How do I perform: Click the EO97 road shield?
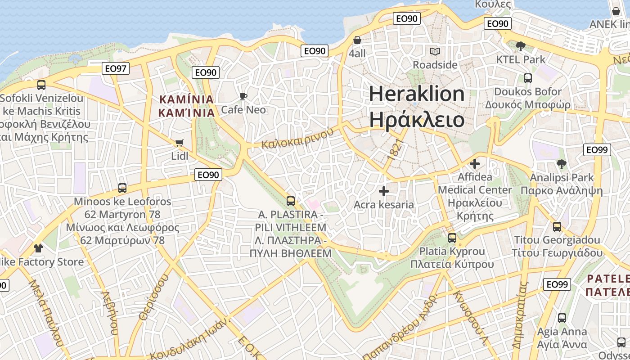116,68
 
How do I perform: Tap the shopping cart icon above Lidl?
179,143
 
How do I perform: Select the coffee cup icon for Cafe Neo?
243,96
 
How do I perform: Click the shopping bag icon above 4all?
357,40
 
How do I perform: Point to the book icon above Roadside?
435,51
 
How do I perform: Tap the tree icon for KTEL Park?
521,46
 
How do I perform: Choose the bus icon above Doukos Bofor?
528,78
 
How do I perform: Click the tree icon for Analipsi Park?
561,164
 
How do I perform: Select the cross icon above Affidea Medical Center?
475,164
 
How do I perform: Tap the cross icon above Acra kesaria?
383,192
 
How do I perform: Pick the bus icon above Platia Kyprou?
452,238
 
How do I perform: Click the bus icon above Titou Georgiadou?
557,227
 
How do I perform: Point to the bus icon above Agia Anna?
562,318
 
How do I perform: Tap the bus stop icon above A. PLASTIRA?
291,201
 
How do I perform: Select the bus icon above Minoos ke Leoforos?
122,188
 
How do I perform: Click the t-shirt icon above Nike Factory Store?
38,248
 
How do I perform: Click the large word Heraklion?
417,94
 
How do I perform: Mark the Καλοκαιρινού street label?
298,139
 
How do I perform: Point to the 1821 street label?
395,149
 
